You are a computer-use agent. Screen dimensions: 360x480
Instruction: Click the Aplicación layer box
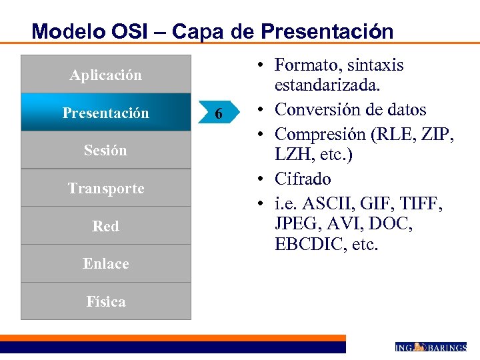pos(105,75)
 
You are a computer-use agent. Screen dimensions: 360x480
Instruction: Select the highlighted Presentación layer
pos(105,113)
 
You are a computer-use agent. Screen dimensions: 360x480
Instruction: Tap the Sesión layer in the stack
pos(105,150)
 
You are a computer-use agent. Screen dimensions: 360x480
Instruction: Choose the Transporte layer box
pos(105,188)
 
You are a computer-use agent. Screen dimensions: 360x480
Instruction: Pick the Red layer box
pos(105,226)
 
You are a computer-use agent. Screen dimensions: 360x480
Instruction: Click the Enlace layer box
pos(105,263)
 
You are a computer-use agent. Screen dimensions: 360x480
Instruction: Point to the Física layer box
pos(105,301)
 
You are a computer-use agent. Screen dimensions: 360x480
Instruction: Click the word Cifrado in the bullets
pos(303,179)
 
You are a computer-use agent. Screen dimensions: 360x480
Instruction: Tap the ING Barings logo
pos(431,347)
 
